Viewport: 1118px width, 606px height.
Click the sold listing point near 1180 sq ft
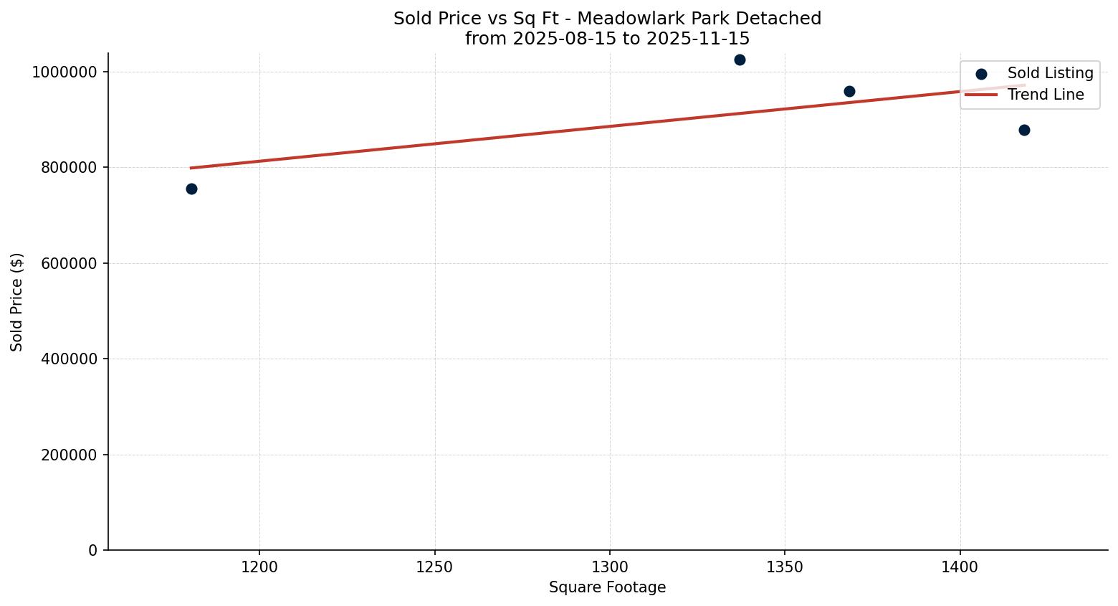(x=191, y=189)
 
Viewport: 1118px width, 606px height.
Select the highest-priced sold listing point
(x=740, y=60)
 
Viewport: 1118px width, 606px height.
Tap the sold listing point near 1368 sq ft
(x=849, y=91)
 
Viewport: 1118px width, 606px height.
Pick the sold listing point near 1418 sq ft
(x=1024, y=130)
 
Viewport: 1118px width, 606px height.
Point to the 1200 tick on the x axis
(x=259, y=567)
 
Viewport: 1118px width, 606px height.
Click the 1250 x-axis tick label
(x=434, y=567)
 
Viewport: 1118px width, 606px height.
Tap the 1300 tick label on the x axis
(x=610, y=567)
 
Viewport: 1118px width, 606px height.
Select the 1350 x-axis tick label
(x=785, y=567)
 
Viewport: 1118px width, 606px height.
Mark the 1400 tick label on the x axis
(x=960, y=567)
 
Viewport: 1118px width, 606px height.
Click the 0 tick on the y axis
(x=92, y=550)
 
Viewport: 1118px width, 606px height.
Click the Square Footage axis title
(x=607, y=587)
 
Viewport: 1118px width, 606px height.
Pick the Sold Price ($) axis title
(x=17, y=301)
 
